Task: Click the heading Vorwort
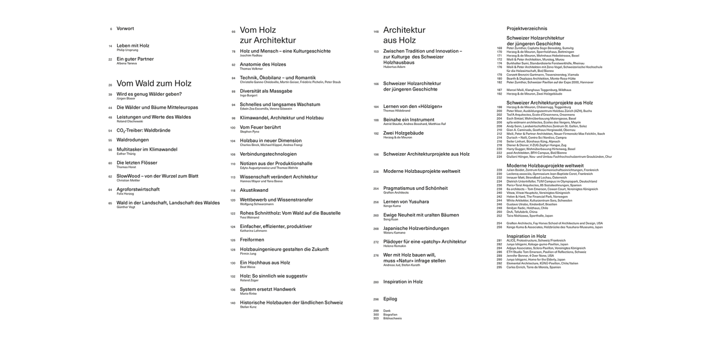coord(125,29)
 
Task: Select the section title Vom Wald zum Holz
coord(154,83)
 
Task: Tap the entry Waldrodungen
coord(132,140)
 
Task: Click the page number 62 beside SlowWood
coord(110,176)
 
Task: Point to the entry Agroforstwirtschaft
coord(138,189)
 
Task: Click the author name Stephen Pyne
coord(249,131)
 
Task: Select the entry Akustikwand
coord(254,190)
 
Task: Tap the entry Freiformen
coord(252,240)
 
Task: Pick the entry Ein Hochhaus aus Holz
coord(265,262)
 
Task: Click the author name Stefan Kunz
coord(249,307)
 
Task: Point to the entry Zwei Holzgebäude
coord(405,133)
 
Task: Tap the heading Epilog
coord(390,299)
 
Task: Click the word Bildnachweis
coord(392,318)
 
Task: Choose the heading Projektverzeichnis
coord(527,29)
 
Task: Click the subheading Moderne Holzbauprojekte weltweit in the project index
coord(545,166)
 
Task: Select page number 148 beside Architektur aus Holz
coord(376,31)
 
